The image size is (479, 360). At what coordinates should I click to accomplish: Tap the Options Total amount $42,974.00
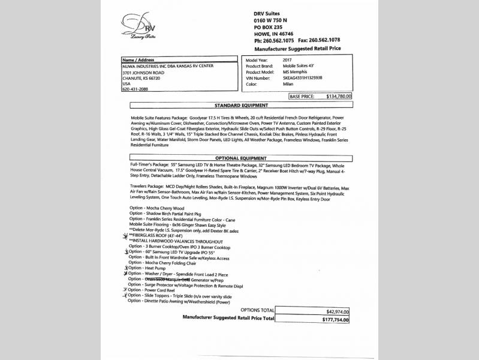click(x=338, y=312)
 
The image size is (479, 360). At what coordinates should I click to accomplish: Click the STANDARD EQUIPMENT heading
click(x=239, y=104)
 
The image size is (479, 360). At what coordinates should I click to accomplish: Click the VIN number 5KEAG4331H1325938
click(x=303, y=78)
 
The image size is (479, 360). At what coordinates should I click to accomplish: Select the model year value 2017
click(x=288, y=61)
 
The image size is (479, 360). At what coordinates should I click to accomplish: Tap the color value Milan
click(x=288, y=84)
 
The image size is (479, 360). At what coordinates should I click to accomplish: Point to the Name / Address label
click(x=138, y=60)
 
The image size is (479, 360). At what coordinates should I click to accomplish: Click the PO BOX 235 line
click(x=269, y=28)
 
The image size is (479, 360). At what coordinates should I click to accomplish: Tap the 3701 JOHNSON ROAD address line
click(x=143, y=72)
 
